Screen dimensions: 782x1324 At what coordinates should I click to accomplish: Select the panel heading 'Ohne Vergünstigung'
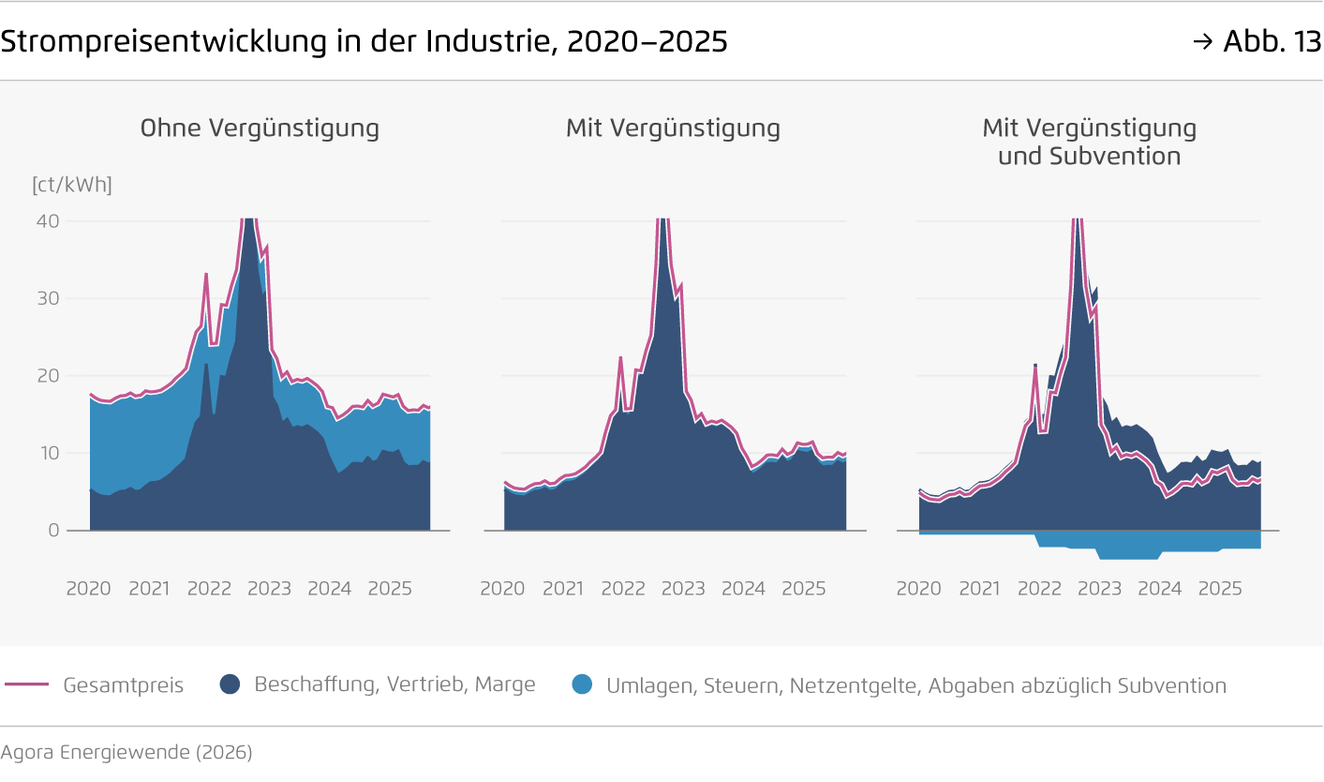(260, 128)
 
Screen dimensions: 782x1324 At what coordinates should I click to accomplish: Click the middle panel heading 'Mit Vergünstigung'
(673, 128)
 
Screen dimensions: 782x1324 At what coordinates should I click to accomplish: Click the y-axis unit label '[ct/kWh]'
(72, 185)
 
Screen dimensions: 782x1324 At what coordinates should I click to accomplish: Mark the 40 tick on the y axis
(48, 221)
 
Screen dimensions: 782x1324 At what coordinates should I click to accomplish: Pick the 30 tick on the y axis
(48, 298)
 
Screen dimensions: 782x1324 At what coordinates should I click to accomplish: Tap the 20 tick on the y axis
(48, 376)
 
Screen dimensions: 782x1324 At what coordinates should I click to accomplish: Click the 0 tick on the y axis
(53, 531)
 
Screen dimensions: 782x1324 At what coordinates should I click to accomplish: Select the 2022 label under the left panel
(209, 589)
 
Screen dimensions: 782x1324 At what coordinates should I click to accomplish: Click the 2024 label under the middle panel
(743, 589)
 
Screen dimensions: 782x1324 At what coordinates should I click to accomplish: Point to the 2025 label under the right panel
(1220, 589)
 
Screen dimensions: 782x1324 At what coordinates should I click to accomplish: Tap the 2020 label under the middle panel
(502, 589)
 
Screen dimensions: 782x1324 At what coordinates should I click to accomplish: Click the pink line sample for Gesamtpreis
(26, 684)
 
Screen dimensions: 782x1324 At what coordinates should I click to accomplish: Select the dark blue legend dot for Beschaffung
(231, 684)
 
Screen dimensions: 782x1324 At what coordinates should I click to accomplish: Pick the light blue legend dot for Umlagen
(582, 684)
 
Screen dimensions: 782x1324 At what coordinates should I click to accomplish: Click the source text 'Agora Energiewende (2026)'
(126, 752)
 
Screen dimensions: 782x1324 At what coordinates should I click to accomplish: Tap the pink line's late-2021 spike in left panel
(206, 275)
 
